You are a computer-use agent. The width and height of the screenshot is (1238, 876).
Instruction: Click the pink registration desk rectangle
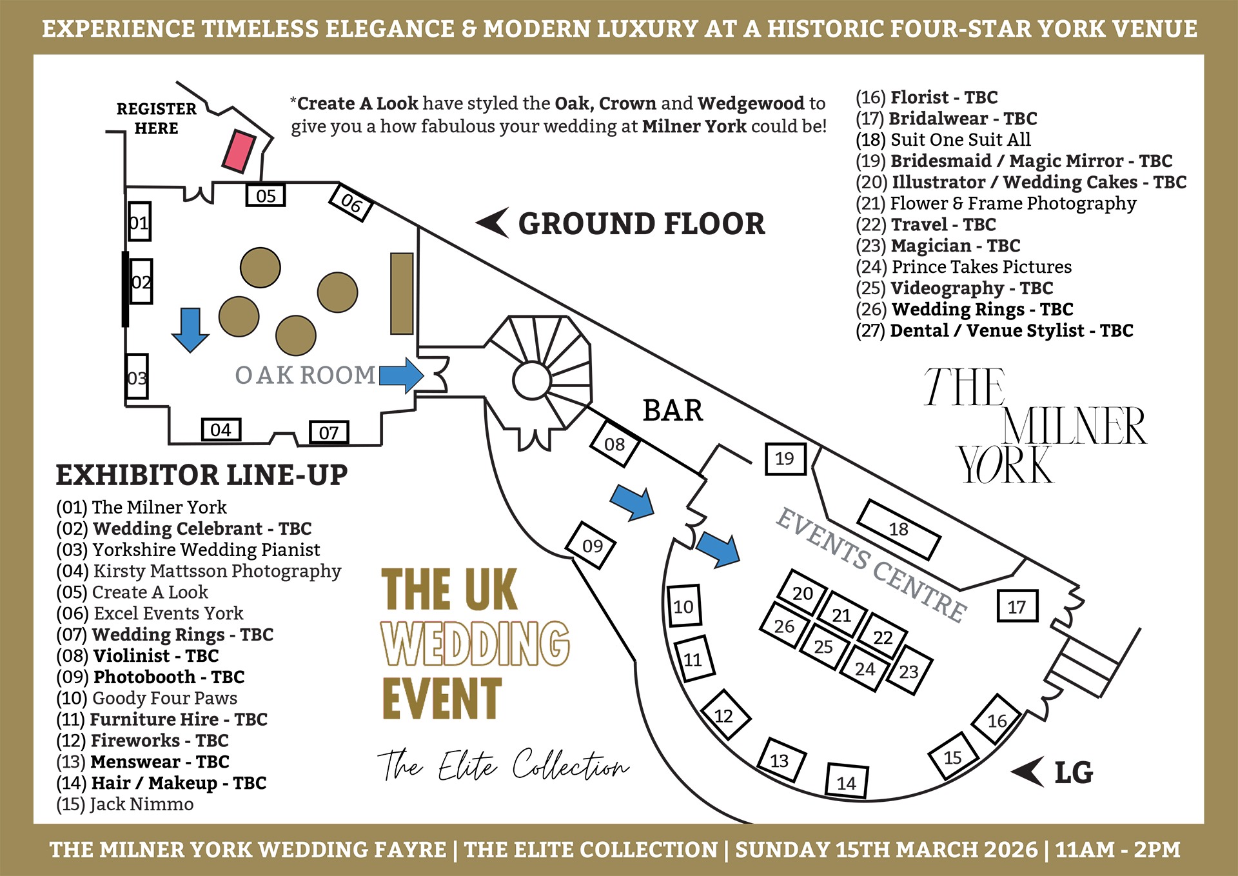click(x=239, y=152)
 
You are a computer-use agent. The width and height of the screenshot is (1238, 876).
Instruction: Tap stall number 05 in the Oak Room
click(x=266, y=195)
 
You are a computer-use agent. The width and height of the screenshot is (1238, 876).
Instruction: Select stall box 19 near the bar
click(x=785, y=459)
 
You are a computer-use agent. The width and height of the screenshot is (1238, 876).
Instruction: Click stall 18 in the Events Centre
click(x=898, y=530)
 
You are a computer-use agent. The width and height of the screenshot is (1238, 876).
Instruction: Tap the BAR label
click(x=673, y=411)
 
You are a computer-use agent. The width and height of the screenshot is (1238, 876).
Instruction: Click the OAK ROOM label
click(x=305, y=375)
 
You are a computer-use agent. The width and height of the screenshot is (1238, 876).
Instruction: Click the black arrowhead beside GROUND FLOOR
click(x=493, y=223)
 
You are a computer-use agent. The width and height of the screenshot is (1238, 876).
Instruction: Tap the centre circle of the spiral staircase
click(x=532, y=381)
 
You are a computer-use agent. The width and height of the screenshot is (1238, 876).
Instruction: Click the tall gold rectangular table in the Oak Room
click(x=402, y=294)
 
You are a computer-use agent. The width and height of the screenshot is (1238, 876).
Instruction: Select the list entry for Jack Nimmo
click(x=125, y=804)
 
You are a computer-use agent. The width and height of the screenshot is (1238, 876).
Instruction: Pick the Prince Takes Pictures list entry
click(x=963, y=267)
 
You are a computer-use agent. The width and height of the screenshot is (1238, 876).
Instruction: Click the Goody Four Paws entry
click(x=146, y=698)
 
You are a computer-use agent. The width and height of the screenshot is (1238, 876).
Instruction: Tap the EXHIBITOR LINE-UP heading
click(x=202, y=475)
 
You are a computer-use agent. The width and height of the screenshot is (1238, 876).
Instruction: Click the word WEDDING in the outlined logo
click(x=475, y=643)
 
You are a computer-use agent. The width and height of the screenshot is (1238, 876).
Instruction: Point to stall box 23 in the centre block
click(x=909, y=671)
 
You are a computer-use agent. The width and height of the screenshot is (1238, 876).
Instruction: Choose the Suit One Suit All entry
click(x=943, y=140)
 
